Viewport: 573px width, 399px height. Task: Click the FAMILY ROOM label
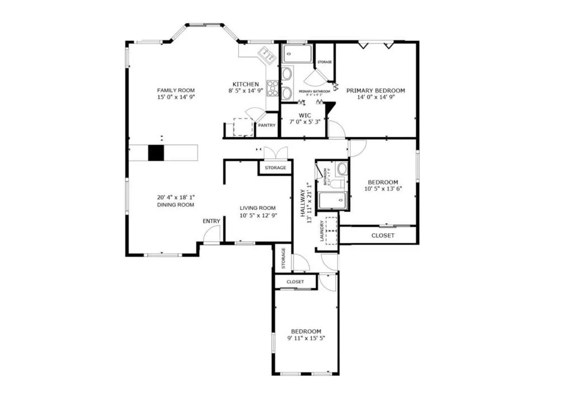(x=175, y=90)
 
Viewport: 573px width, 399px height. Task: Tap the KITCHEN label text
(x=246, y=84)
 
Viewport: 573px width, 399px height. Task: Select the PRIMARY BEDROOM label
(x=375, y=90)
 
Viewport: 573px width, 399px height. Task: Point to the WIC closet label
(x=304, y=115)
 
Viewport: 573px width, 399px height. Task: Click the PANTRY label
(x=266, y=125)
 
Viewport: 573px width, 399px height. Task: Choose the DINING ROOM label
(x=175, y=205)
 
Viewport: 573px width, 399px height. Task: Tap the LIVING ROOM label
(x=258, y=208)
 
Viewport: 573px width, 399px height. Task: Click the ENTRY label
(x=212, y=221)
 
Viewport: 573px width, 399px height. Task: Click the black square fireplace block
(x=156, y=153)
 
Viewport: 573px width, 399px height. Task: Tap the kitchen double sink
(x=265, y=54)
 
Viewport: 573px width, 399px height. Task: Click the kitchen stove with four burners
(x=273, y=87)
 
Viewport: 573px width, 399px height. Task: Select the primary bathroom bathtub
(x=297, y=54)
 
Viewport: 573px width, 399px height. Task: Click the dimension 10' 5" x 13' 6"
(x=383, y=189)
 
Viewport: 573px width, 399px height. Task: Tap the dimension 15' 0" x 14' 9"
(x=175, y=97)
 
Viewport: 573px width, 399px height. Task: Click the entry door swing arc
(x=210, y=236)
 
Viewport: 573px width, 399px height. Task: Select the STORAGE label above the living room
(x=275, y=167)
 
